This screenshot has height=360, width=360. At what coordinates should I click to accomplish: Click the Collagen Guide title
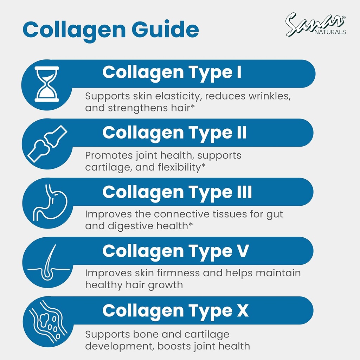[x=110, y=30]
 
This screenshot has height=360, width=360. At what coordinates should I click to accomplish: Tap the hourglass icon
[x=47, y=84]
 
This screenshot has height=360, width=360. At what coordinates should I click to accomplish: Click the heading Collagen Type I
[x=172, y=72]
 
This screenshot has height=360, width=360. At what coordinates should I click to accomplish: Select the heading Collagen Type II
[x=174, y=133]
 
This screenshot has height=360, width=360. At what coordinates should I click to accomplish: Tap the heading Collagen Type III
[x=177, y=192]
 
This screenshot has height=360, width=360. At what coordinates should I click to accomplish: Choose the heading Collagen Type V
[x=175, y=251]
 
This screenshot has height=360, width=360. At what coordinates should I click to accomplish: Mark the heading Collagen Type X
[x=175, y=311]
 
